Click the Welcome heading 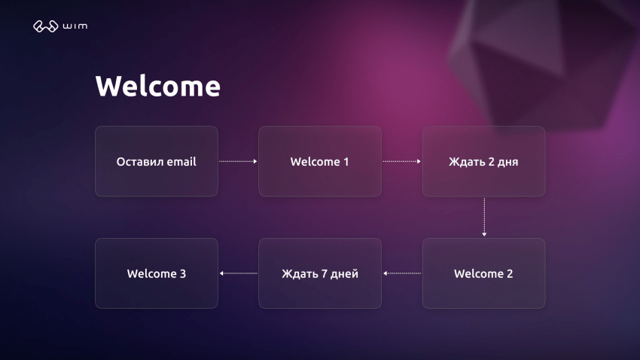[157, 87]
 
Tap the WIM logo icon [45, 27]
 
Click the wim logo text [76, 27]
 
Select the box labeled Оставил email [157, 161]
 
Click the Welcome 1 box [320, 161]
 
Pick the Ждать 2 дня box [483, 161]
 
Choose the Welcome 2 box [483, 273]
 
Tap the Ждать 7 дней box [320, 273]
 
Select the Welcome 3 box [157, 273]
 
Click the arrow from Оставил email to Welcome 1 [238, 161]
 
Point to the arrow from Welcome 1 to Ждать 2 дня [401, 161]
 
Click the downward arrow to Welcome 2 [484, 217]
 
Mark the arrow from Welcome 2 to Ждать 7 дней [401, 273]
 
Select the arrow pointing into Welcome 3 [238, 273]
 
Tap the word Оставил [140, 161]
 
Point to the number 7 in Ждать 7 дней [324, 274]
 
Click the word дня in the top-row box [508, 162]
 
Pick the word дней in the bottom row [345, 274]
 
